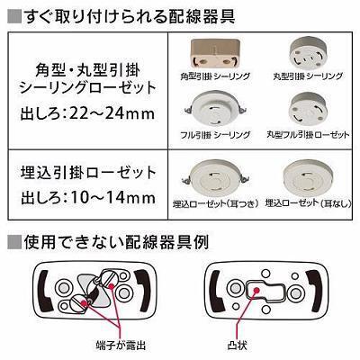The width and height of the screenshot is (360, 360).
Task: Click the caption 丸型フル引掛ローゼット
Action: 307,134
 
